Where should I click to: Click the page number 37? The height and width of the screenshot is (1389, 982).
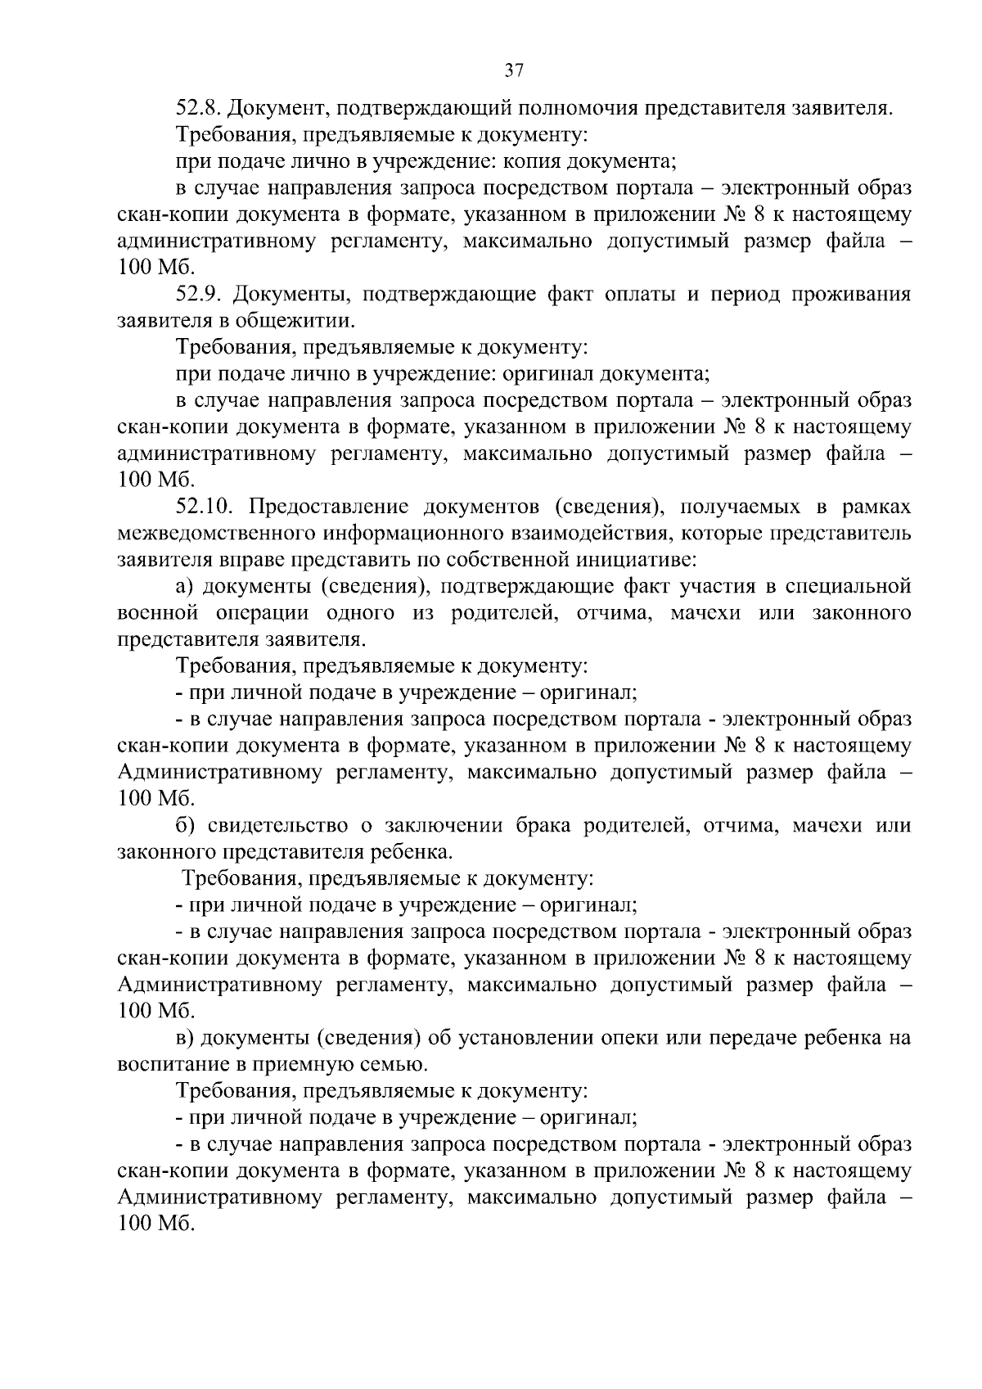click(513, 71)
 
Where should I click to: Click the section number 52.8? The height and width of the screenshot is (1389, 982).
click(199, 108)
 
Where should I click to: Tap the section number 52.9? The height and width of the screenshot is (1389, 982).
click(199, 294)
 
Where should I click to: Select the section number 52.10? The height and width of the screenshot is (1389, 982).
click(205, 507)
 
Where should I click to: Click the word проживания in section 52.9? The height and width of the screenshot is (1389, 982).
click(850, 294)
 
